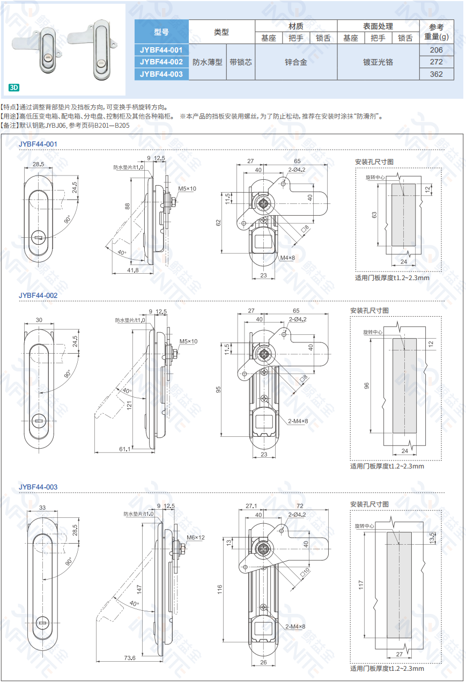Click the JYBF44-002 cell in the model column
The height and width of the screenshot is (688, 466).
(x=161, y=62)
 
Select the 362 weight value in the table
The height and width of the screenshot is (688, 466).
(x=436, y=74)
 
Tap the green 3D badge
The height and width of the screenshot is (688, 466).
(x=14, y=87)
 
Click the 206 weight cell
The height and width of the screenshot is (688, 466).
(x=436, y=50)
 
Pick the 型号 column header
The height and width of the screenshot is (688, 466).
(x=161, y=32)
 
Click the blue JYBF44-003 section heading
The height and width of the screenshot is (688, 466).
(x=38, y=487)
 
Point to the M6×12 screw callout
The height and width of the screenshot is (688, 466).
(x=196, y=538)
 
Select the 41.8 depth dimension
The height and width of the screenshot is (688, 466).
(x=132, y=270)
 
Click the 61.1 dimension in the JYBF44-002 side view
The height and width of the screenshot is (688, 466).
(x=125, y=449)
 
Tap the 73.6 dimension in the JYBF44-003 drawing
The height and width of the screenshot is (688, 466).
(x=130, y=658)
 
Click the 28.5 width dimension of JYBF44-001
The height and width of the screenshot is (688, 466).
(x=39, y=164)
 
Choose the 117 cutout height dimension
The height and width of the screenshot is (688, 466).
(x=361, y=585)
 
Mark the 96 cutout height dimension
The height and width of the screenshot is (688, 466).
(x=367, y=386)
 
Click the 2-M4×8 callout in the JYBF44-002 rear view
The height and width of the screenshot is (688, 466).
(x=298, y=421)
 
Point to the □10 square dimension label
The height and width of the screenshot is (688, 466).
(x=305, y=572)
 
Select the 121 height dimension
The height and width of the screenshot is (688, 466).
(x=129, y=405)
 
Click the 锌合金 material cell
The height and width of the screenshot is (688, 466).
(x=296, y=62)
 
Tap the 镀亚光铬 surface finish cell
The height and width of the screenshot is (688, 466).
(x=378, y=62)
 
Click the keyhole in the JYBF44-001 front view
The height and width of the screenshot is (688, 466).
(x=39, y=237)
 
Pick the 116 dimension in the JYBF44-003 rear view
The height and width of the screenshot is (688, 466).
(x=219, y=589)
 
